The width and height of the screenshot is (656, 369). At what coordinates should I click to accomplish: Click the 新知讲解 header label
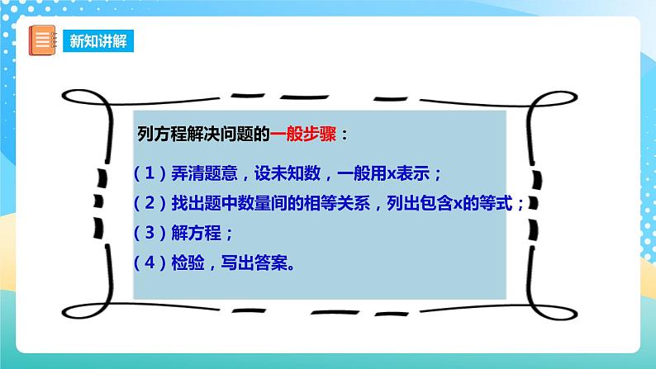(98, 40)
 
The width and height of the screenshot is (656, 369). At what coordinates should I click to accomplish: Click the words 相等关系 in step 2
(340, 204)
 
